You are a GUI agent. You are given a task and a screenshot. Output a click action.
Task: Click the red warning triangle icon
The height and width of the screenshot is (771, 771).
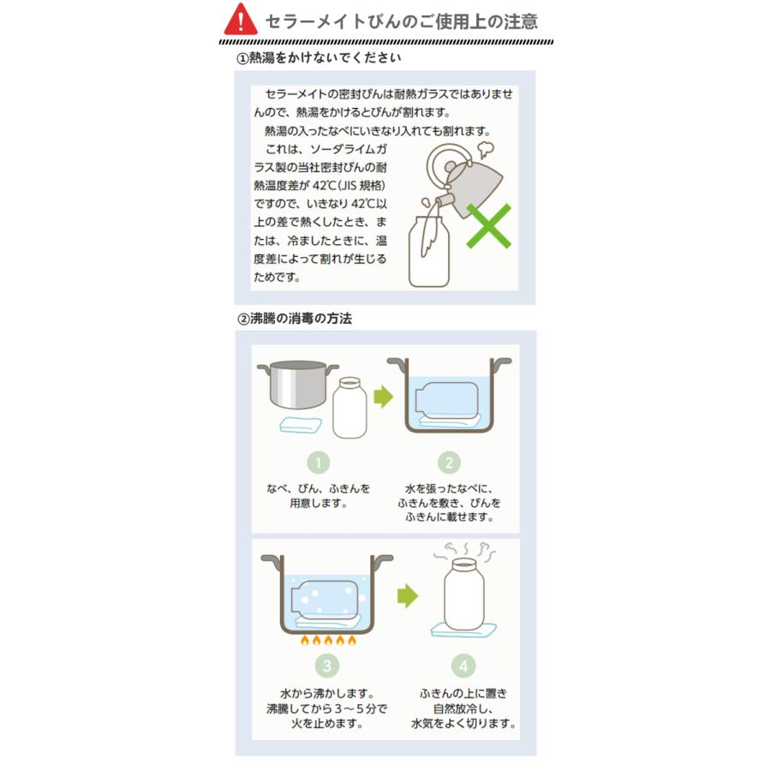(x=241, y=19)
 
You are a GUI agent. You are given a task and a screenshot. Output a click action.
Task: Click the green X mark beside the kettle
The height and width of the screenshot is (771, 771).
(x=488, y=225)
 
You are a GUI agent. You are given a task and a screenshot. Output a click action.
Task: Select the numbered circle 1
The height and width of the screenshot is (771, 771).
(x=318, y=463)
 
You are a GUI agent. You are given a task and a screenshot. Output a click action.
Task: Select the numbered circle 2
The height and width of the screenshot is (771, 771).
(x=449, y=463)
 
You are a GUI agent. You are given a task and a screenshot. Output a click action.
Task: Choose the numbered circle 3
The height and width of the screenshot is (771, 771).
(x=326, y=666)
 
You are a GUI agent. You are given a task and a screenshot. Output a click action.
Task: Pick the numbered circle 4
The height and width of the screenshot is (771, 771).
(x=463, y=666)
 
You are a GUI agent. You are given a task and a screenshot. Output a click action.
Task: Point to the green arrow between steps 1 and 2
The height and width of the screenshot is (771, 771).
(x=382, y=397)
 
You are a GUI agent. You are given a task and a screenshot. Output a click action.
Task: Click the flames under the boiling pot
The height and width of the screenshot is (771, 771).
(x=326, y=640)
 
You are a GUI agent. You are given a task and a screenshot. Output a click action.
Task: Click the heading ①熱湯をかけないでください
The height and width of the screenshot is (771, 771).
(x=318, y=58)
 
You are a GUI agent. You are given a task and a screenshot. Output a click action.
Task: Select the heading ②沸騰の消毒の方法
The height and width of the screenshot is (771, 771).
(x=295, y=318)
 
